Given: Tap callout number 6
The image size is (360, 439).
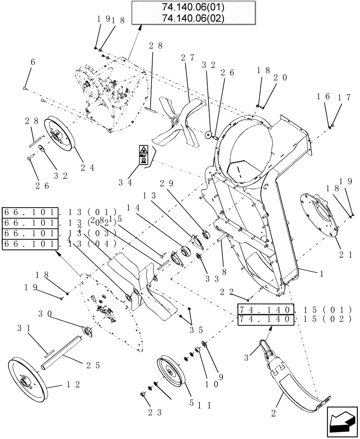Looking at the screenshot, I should [x=32, y=63].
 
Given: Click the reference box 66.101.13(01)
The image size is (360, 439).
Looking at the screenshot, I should [x=30, y=212].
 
